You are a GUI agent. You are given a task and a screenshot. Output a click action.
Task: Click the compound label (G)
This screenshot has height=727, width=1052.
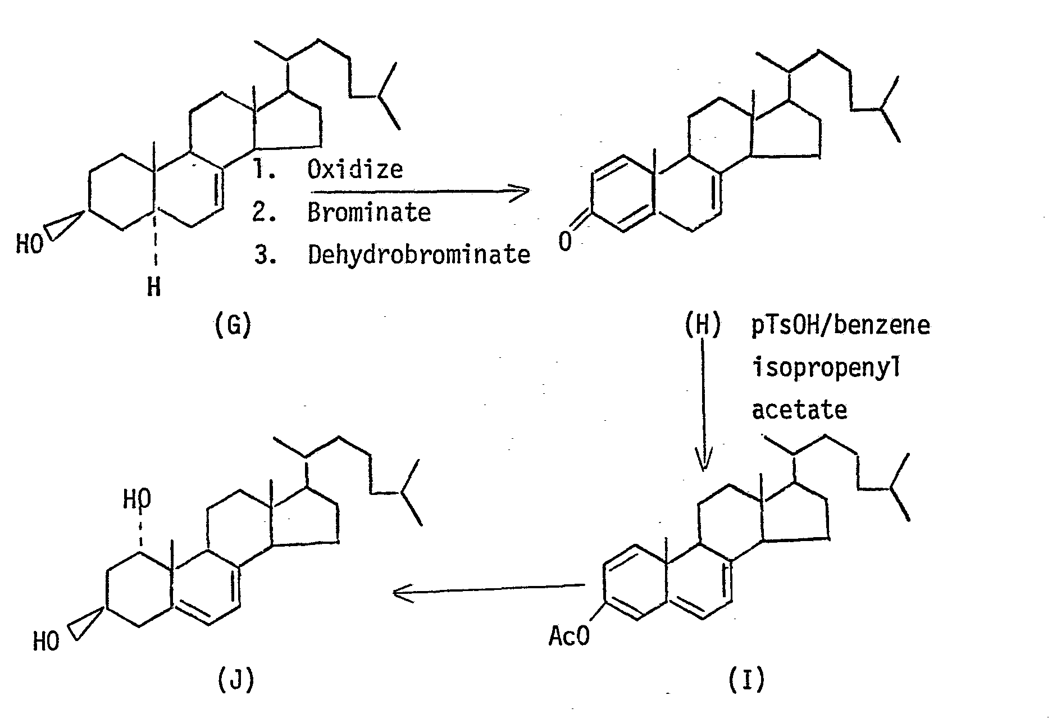coord(232,326)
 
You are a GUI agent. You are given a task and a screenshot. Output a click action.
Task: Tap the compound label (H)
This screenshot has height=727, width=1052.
coord(702,326)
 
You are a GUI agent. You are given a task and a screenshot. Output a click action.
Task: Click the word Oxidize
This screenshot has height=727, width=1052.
coord(355,169)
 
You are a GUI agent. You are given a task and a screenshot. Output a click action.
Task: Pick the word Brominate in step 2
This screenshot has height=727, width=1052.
coord(369,212)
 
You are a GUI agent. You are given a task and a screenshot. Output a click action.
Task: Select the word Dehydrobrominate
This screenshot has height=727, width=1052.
coord(419,255)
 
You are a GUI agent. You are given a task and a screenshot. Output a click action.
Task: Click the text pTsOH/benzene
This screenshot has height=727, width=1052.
coord(841,326)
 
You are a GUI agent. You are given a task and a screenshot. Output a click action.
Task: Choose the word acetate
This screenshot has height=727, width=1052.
coord(799,410)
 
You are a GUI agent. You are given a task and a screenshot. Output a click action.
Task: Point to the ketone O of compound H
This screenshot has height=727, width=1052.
coord(566,242)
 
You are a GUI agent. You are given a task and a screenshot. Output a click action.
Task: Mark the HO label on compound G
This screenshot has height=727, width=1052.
coord(29,244)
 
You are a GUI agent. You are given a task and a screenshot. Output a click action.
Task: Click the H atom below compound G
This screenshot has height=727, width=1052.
coord(153,288)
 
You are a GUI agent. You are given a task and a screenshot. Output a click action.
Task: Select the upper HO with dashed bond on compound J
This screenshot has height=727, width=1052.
coord(137,498)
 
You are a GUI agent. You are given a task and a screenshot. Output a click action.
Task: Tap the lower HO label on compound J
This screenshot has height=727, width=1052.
coord(46,641)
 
